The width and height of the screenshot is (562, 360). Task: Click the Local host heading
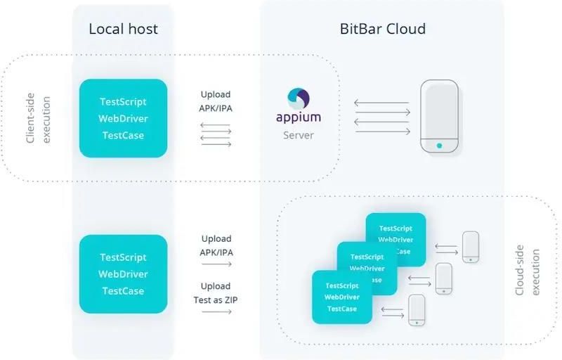point(123,29)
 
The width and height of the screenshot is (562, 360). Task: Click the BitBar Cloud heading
point(383,29)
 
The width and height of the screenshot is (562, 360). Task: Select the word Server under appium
point(298,134)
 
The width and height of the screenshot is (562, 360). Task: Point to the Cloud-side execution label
point(528,271)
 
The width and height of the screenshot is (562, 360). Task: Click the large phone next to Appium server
point(439,117)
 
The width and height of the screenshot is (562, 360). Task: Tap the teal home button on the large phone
point(439,146)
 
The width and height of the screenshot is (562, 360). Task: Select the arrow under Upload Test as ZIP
point(216,311)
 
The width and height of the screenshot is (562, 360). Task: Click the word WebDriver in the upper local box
point(123,118)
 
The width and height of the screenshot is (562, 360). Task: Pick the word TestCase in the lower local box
point(123,291)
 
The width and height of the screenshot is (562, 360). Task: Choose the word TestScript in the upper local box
point(123,101)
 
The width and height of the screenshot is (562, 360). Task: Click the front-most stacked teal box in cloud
point(341,297)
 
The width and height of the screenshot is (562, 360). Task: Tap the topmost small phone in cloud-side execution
point(470,247)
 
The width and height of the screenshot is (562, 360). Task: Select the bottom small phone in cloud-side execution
point(417,309)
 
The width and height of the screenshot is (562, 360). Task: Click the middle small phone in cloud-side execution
point(443,278)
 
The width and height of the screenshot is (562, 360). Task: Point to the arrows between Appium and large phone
point(381,116)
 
